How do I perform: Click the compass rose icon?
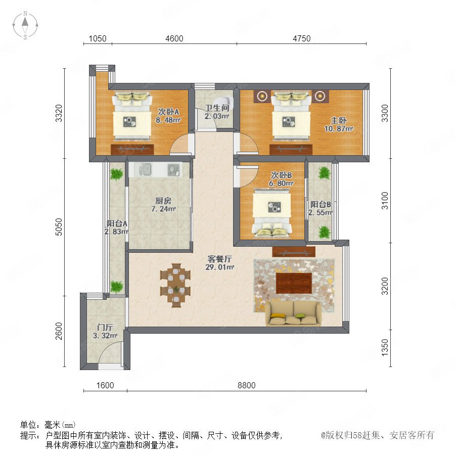25,25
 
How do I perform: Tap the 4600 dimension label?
174,38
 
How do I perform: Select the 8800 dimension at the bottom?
246,385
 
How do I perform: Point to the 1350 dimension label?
385,347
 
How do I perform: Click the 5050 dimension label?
59,227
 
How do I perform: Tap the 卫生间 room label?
217,108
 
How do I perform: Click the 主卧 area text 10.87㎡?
338,128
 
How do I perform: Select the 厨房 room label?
163,201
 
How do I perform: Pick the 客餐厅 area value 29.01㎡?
220,267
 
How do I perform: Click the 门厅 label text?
105,327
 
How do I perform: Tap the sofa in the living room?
294,313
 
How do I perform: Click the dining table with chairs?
175,285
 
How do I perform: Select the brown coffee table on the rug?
294,283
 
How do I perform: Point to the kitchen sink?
146,169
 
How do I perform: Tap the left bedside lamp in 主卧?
262,96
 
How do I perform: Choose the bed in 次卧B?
271,212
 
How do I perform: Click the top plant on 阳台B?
324,173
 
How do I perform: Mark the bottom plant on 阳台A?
116,287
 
